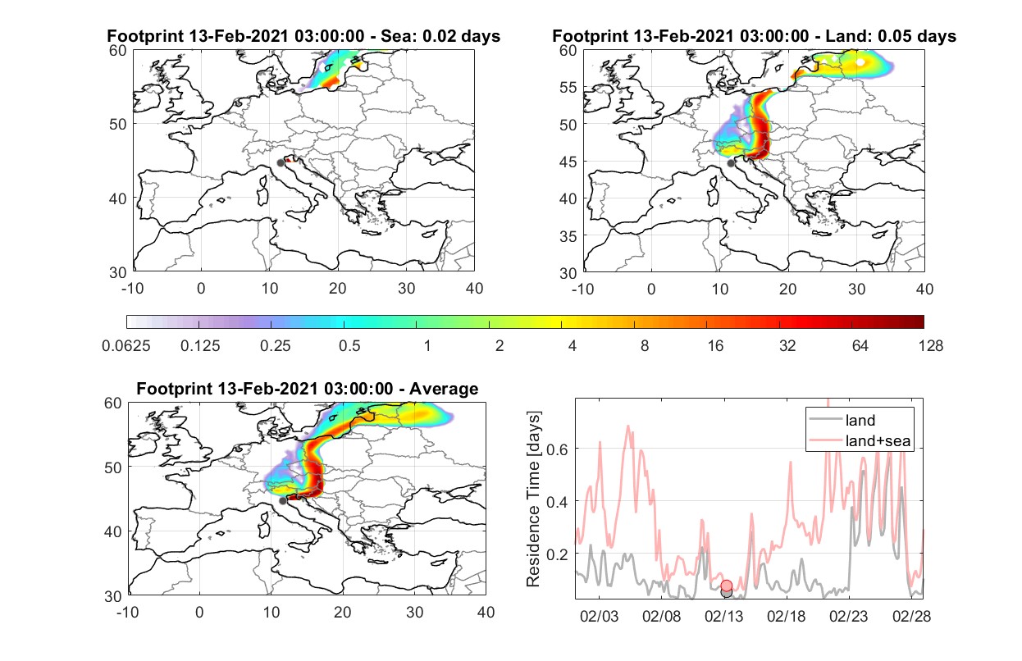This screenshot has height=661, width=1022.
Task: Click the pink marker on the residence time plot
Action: pyautogui.click(x=727, y=586)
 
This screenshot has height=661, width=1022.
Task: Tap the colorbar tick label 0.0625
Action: pyautogui.click(x=126, y=346)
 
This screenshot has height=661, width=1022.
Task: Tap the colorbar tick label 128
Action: pyautogui.click(x=930, y=346)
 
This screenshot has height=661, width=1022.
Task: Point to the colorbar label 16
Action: pyautogui.click(x=715, y=346)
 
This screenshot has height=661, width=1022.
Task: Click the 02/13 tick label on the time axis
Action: pyautogui.click(x=723, y=616)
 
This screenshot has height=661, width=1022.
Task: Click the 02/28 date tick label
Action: pyautogui.click(x=911, y=616)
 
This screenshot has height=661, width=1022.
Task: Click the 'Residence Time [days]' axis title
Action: pyautogui.click(x=533, y=499)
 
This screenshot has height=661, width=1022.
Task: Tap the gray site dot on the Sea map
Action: pyautogui.click(x=281, y=163)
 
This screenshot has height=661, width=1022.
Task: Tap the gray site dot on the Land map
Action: pyautogui.click(x=731, y=163)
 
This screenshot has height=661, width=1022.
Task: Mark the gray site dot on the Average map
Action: pyautogui.click(x=283, y=501)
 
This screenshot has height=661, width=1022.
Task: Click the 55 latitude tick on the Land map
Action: pyautogui.click(x=568, y=87)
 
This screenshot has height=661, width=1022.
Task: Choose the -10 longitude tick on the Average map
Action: pyautogui.click(x=128, y=612)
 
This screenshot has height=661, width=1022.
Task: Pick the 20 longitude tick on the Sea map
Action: pyautogui.click(x=338, y=289)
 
